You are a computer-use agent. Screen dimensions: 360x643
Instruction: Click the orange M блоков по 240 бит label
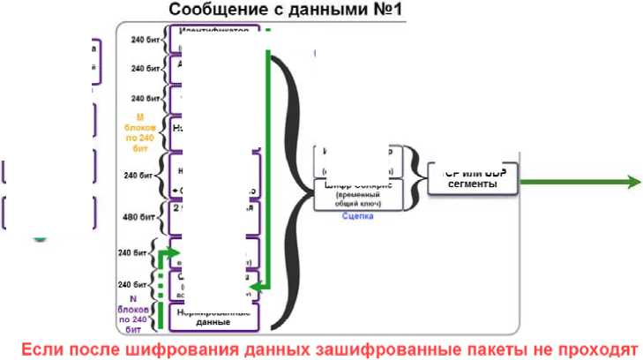[140, 133]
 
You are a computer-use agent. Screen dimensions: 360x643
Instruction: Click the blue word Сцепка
[359, 215]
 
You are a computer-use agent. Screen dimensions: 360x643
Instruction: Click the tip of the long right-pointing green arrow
[637, 182]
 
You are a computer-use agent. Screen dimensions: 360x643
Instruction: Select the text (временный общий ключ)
[359, 199]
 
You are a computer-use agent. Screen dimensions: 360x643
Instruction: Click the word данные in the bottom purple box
[214, 323]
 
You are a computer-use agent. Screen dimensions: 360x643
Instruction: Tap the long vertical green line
[268, 168]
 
